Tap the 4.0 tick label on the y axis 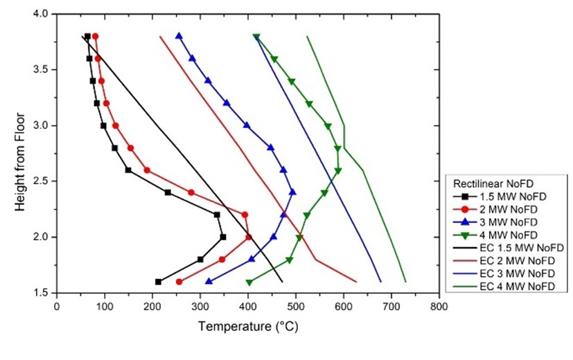42,14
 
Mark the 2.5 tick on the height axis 42,181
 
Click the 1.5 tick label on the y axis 42,293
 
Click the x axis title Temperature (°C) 247,325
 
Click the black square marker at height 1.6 158,282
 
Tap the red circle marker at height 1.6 179,282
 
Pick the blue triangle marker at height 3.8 179,36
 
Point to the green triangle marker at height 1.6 249,282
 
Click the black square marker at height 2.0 223,237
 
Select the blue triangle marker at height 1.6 209,282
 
